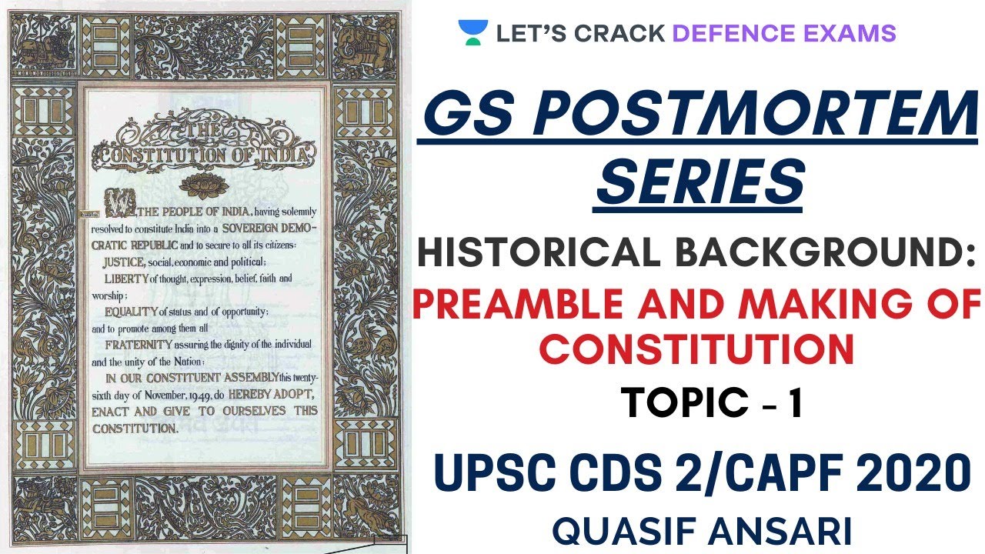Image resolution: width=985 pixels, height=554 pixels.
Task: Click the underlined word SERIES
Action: click(699, 183)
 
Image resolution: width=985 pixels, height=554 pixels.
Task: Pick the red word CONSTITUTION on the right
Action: click(697, 349)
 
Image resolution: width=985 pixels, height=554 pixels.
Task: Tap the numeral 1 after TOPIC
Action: click(796, 403)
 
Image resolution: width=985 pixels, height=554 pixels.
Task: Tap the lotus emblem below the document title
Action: click(204, 185)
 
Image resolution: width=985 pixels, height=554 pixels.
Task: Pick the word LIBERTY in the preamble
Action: click(127, 278)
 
